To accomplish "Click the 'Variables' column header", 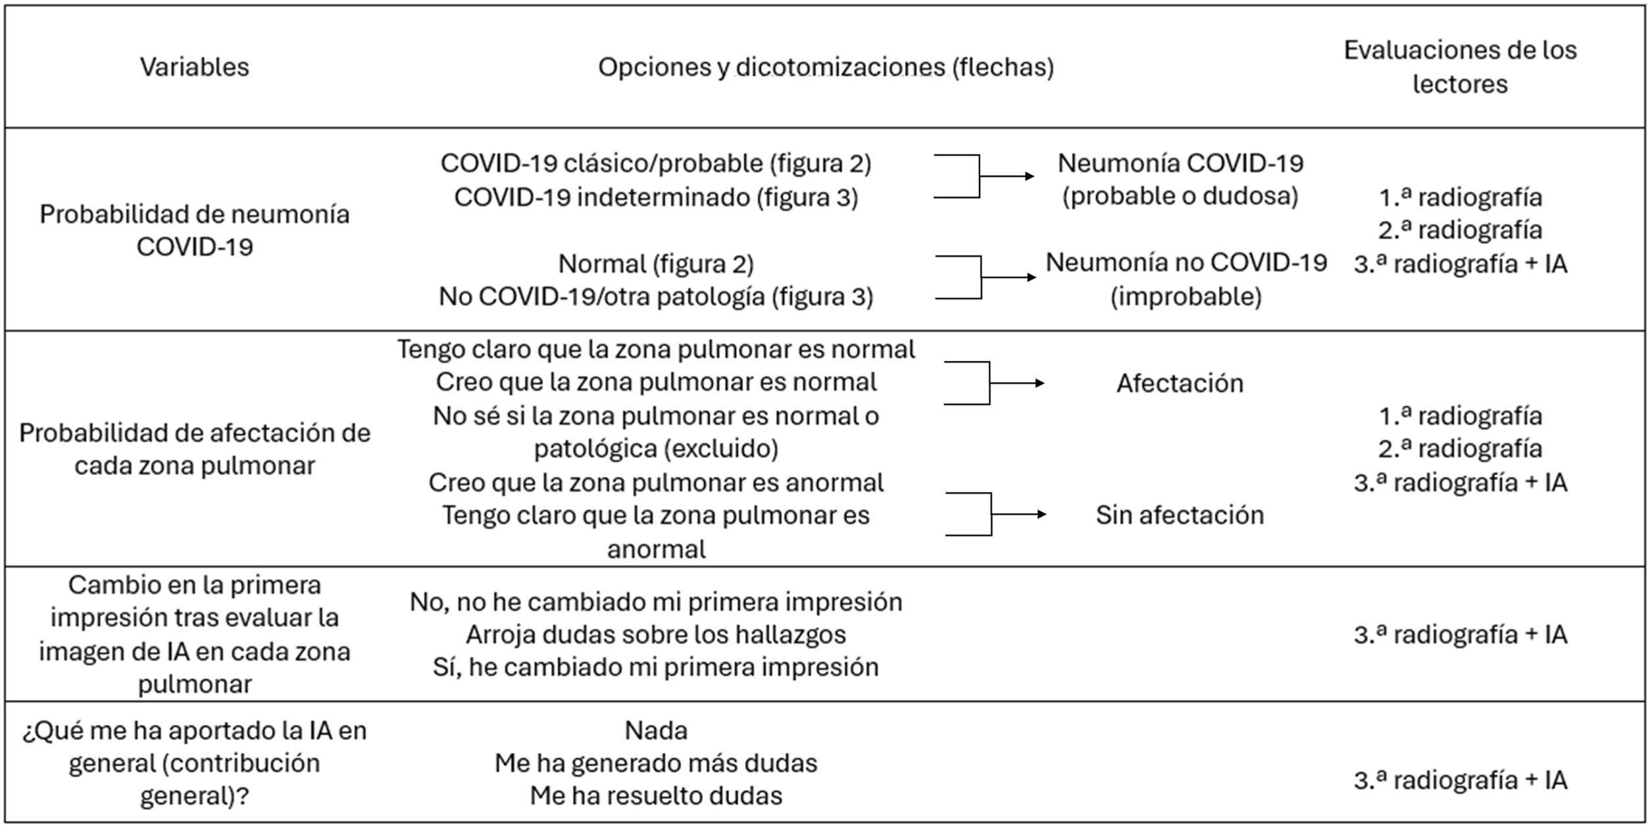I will tap(195, 67).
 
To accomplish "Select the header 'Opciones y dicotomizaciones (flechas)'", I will tap(826, 67).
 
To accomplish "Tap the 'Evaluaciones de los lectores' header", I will tap(1460, 67).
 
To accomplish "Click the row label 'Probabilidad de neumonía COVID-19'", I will tap(195, 230).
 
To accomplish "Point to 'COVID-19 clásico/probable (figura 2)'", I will tap(656, 163).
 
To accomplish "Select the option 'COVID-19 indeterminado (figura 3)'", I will tap(656, 197).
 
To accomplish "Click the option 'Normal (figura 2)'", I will tap(656, 264).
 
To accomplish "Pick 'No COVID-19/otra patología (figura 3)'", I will tap(656, 297).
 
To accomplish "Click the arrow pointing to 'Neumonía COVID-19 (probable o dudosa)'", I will tap(1007, 176).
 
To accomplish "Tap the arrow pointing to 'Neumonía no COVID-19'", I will tap(1009, 278).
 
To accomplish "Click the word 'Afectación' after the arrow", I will tap(1180, 384).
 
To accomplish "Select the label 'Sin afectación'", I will tap(1180, 515).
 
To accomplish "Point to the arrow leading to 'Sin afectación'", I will tap(1018, 514).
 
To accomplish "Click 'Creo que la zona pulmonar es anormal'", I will tap(656, 482).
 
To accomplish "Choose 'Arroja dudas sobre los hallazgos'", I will tap(656, 635).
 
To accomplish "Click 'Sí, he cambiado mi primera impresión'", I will tap(656, 667).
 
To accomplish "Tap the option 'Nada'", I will tap(656, 730).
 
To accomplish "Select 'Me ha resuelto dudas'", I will tap(656, 796).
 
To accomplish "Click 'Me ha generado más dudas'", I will tap(656, 763).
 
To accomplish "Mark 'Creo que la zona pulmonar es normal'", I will tap(656, 382).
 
